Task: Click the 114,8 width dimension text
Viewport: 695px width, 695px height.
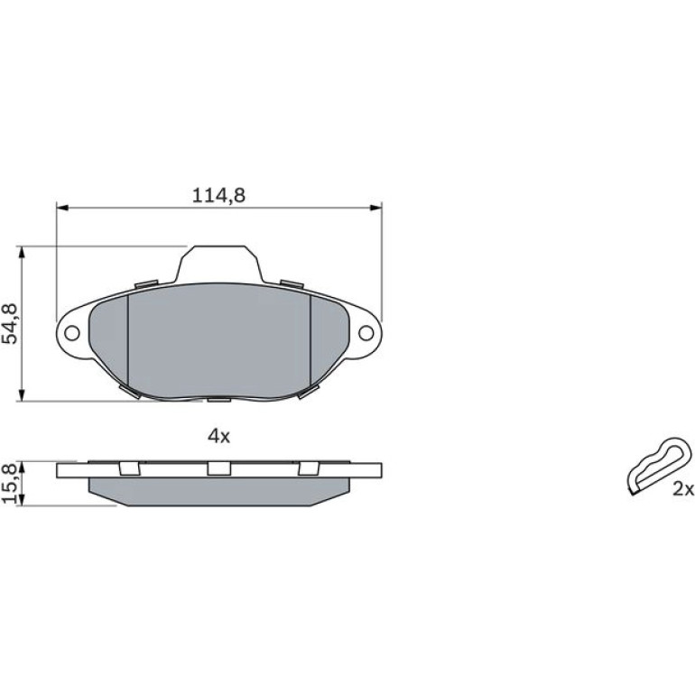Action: click(218, 196)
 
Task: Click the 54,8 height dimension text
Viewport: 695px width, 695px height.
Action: click(10, 323)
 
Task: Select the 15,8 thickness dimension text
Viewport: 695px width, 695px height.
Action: click(10, 483)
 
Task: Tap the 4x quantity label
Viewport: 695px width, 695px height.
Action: click(219, 437)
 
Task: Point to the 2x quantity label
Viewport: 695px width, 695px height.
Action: click(682, 489)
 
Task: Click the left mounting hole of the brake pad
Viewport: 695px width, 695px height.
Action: click(72, 332)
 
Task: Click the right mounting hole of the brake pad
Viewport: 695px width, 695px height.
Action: click(366, 332)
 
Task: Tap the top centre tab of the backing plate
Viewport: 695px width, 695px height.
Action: click(219, 264)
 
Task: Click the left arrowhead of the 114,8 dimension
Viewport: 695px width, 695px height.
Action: click(62, 208)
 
